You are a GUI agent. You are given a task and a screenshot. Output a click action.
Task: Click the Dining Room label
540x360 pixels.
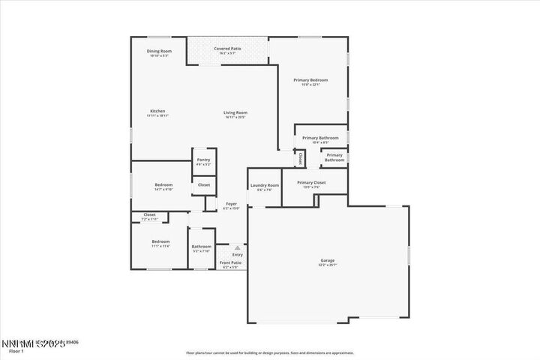[159, 51]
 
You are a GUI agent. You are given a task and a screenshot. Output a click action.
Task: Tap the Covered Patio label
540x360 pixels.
[227, 48]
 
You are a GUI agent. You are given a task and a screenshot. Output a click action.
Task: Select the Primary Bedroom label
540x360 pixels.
[310, 79]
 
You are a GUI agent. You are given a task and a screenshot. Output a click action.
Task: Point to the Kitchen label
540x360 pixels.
[157, 111]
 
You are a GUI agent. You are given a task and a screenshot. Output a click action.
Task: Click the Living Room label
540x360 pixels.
[235, 112]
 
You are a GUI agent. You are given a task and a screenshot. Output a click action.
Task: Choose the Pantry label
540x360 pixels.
[203, 160]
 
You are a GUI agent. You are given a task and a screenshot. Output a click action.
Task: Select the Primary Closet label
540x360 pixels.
[310, 182]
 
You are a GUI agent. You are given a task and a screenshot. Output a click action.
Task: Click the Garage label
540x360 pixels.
[328, 260]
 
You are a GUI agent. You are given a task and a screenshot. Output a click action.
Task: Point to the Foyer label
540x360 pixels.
[232, 204]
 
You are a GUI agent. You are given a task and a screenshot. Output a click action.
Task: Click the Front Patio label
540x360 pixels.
[230, 262]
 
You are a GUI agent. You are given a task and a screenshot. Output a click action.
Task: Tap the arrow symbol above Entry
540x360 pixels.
[237, 247]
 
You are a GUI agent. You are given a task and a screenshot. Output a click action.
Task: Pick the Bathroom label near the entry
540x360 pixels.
[201, 246]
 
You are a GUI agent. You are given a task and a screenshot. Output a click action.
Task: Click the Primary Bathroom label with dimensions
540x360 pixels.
[320, 138]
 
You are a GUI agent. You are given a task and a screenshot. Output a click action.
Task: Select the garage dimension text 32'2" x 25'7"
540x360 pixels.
[328, 265]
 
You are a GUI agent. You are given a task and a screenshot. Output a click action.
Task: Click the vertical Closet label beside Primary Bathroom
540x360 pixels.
[300, 158]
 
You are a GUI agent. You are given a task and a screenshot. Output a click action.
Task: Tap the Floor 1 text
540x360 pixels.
[16, 350]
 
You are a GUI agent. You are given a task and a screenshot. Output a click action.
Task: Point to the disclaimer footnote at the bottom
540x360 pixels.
[270, 352]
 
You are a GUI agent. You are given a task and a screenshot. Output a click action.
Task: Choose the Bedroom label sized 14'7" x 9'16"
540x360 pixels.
[163, 184]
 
